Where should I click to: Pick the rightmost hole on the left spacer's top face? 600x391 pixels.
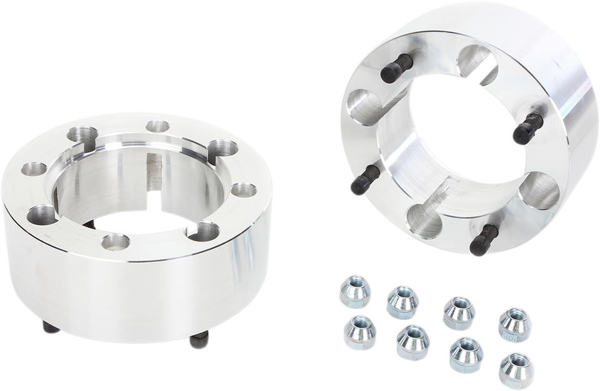244,191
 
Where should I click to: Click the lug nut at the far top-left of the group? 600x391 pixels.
354,292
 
